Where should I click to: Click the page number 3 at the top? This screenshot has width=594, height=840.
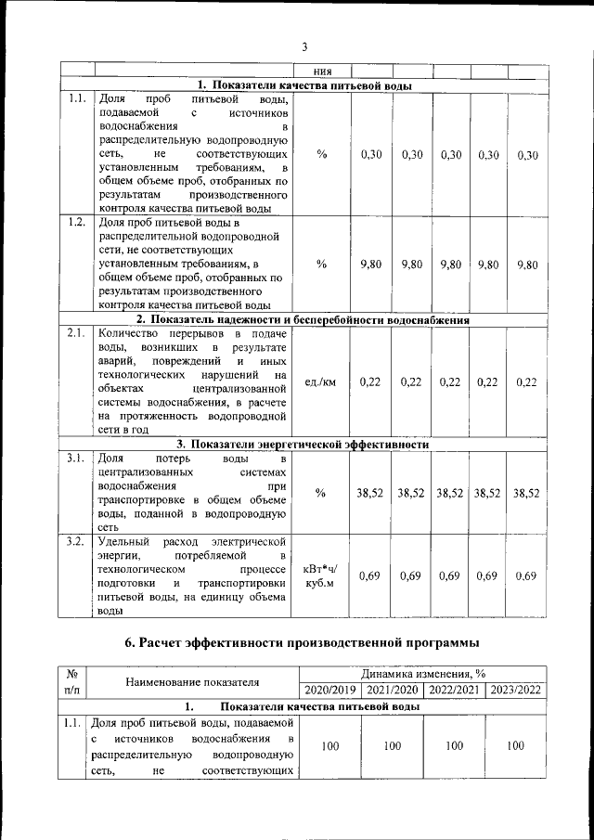[x=303, y=47]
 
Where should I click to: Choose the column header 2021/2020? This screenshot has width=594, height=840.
[x=392, y=690]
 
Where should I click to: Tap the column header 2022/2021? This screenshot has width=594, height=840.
[x=453, y=690]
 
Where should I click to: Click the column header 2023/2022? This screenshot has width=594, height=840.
[x=515, y=690]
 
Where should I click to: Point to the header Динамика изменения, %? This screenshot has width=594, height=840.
[x=422, y=674]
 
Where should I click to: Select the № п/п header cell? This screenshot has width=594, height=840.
[x=71, y=682]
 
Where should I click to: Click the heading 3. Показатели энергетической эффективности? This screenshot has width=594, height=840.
[x=303, y=445]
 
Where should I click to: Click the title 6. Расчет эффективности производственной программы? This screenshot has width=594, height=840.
[x=303, y=642]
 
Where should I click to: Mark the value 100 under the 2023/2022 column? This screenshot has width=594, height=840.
[x=515, y=745]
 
